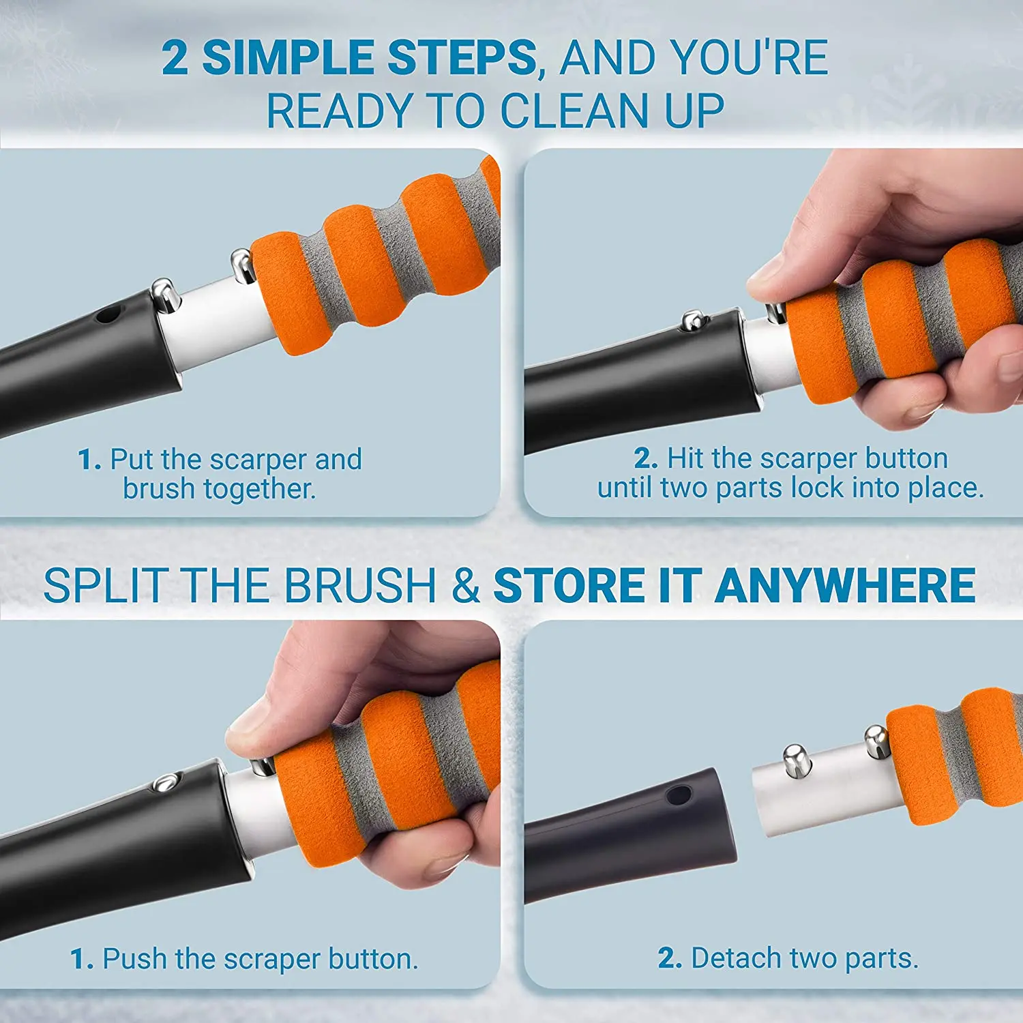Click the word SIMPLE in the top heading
click(289, 57)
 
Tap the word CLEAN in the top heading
click(574, 110)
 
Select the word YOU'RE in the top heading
click(750, 57)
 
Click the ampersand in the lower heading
click(466, 586)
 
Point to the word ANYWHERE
click(846, 586)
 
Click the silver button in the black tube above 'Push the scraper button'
click(164, 782)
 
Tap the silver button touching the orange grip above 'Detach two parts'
click(876, 741)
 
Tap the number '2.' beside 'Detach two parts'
click(670, 959)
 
